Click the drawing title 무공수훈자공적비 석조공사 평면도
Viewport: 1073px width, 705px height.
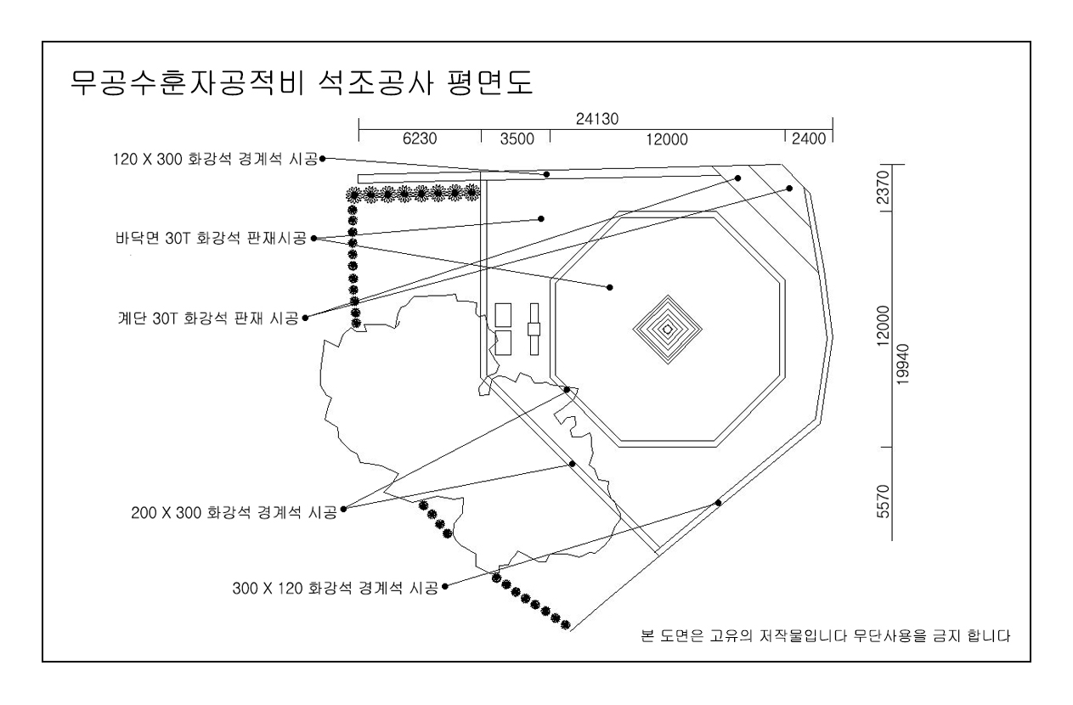300,86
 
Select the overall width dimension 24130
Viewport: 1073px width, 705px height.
596,121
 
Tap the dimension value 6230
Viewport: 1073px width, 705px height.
420,141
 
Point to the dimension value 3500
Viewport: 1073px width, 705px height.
515,141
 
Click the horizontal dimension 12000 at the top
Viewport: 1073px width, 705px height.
666,141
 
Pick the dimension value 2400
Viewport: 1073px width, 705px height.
808,141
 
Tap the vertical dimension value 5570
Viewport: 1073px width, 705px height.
884,504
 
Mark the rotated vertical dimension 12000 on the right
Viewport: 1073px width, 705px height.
884,327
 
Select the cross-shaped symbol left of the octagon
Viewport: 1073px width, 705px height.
534,329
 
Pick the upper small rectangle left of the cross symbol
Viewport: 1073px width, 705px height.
502,314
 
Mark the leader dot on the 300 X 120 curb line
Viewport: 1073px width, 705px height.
718,503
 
